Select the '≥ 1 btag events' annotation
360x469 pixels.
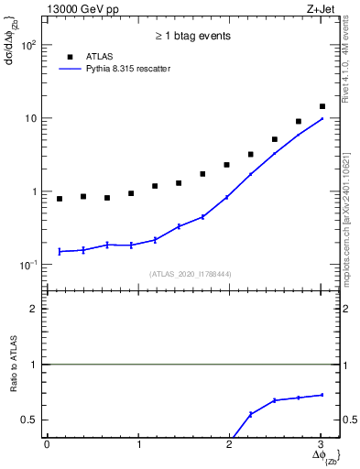coord(191,36)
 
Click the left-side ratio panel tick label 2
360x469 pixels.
coord(33,309)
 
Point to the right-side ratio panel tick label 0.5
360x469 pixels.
coord(349,420)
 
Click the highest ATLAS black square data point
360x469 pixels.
coord(322,106)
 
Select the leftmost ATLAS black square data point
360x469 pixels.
coord(60,199)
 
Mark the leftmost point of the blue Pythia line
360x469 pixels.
coord(60,251)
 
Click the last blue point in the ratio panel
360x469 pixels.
coord(322,395)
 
